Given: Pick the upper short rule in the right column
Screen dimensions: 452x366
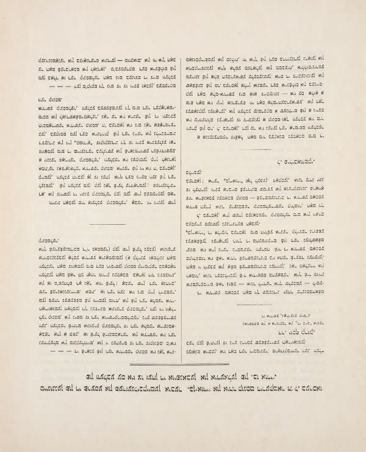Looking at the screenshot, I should pos(255,149).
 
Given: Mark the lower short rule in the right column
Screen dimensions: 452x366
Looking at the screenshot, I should pos(255,305).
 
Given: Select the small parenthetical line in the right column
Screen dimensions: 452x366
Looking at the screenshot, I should pos(275,318).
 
